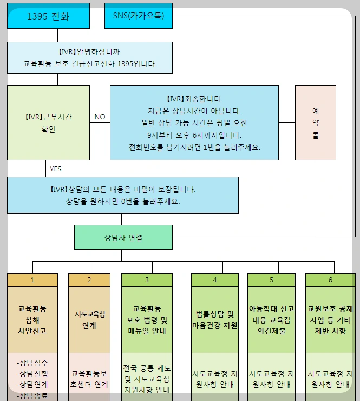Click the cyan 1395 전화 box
pos(48,16)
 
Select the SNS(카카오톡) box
pos(138,16)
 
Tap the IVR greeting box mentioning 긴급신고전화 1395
pos(90,58)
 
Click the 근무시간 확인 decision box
pos(48,122)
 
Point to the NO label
pos(100,117)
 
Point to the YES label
pos(56,169)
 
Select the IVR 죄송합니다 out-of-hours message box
pos(194,122)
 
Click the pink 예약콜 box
pos(316,122)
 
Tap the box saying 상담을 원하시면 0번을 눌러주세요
pos(123,195)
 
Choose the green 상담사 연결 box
pos(123,237)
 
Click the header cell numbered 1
pos(32,280)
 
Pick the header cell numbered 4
pos(215,280)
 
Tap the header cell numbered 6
pos(330,280)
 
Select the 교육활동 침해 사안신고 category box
pos(32,319)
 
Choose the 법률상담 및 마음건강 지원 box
pos(215,319)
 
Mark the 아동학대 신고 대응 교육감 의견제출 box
pos(271,319)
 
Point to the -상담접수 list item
pos(32,363)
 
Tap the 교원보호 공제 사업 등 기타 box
pos(330,319)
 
